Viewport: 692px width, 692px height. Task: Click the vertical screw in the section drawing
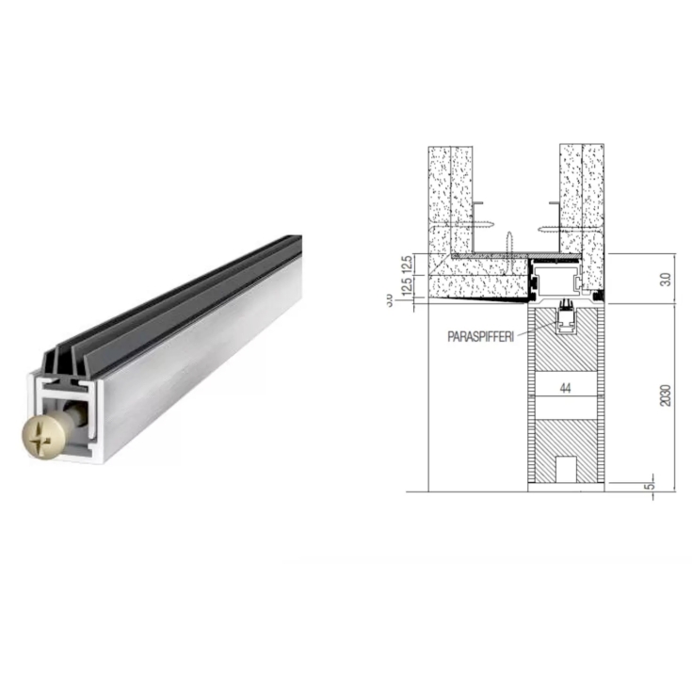coord(507,241)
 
